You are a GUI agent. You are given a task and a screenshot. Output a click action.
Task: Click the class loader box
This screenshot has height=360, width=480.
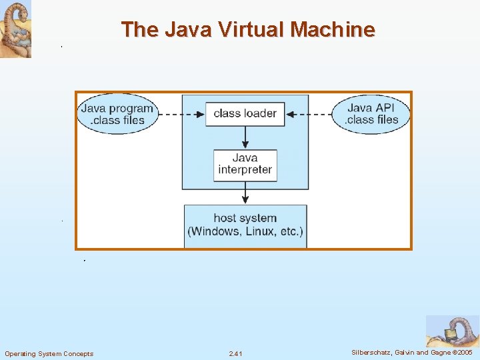pos(245,113)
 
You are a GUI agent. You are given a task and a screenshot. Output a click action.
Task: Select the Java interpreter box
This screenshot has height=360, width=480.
pos(245,164)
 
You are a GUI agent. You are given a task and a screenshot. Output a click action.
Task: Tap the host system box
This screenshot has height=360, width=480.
pos(245,226)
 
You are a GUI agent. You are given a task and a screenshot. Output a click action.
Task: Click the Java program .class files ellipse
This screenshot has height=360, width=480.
pos(117,114)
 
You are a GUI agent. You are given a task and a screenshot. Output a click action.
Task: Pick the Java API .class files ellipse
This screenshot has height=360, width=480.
pos(372,114)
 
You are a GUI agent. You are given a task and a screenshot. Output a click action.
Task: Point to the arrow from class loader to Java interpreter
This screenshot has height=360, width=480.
pos(245,137)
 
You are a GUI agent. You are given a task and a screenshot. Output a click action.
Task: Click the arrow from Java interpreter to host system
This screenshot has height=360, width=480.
pos(245,193)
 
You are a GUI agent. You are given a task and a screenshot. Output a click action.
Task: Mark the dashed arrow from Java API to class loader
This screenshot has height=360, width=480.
pos(308,114)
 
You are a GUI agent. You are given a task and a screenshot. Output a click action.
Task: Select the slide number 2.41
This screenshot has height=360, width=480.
pos(235,353)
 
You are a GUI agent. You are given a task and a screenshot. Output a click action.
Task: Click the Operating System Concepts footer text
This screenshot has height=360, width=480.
pos(49,353)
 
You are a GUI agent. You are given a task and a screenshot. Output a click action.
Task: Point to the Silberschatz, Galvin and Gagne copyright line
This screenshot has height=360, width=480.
pos(411,353)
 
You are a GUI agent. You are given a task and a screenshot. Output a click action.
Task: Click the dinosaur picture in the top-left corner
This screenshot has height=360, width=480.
pos(15,29)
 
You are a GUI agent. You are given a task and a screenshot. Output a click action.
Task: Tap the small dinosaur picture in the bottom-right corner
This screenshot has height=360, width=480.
pos(451,331)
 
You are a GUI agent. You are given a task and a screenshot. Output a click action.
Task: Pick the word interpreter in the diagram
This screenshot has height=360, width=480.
pos(245,170)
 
